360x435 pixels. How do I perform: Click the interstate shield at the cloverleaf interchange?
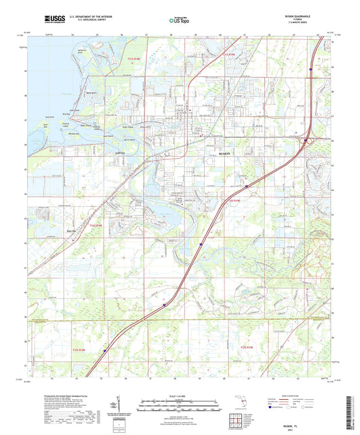(306, 140)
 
